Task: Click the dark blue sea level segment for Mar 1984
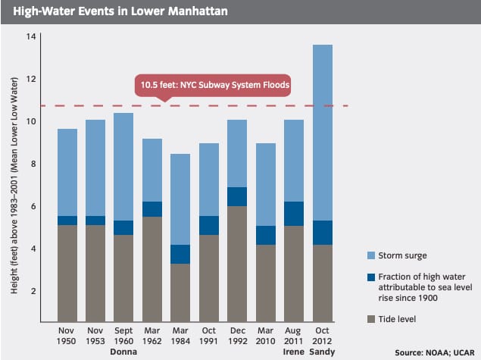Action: pos(180,254)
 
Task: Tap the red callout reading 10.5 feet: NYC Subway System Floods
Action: pos(213,85)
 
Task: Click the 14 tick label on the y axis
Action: pos(30,37)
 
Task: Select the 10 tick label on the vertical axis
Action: pos(30,122)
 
